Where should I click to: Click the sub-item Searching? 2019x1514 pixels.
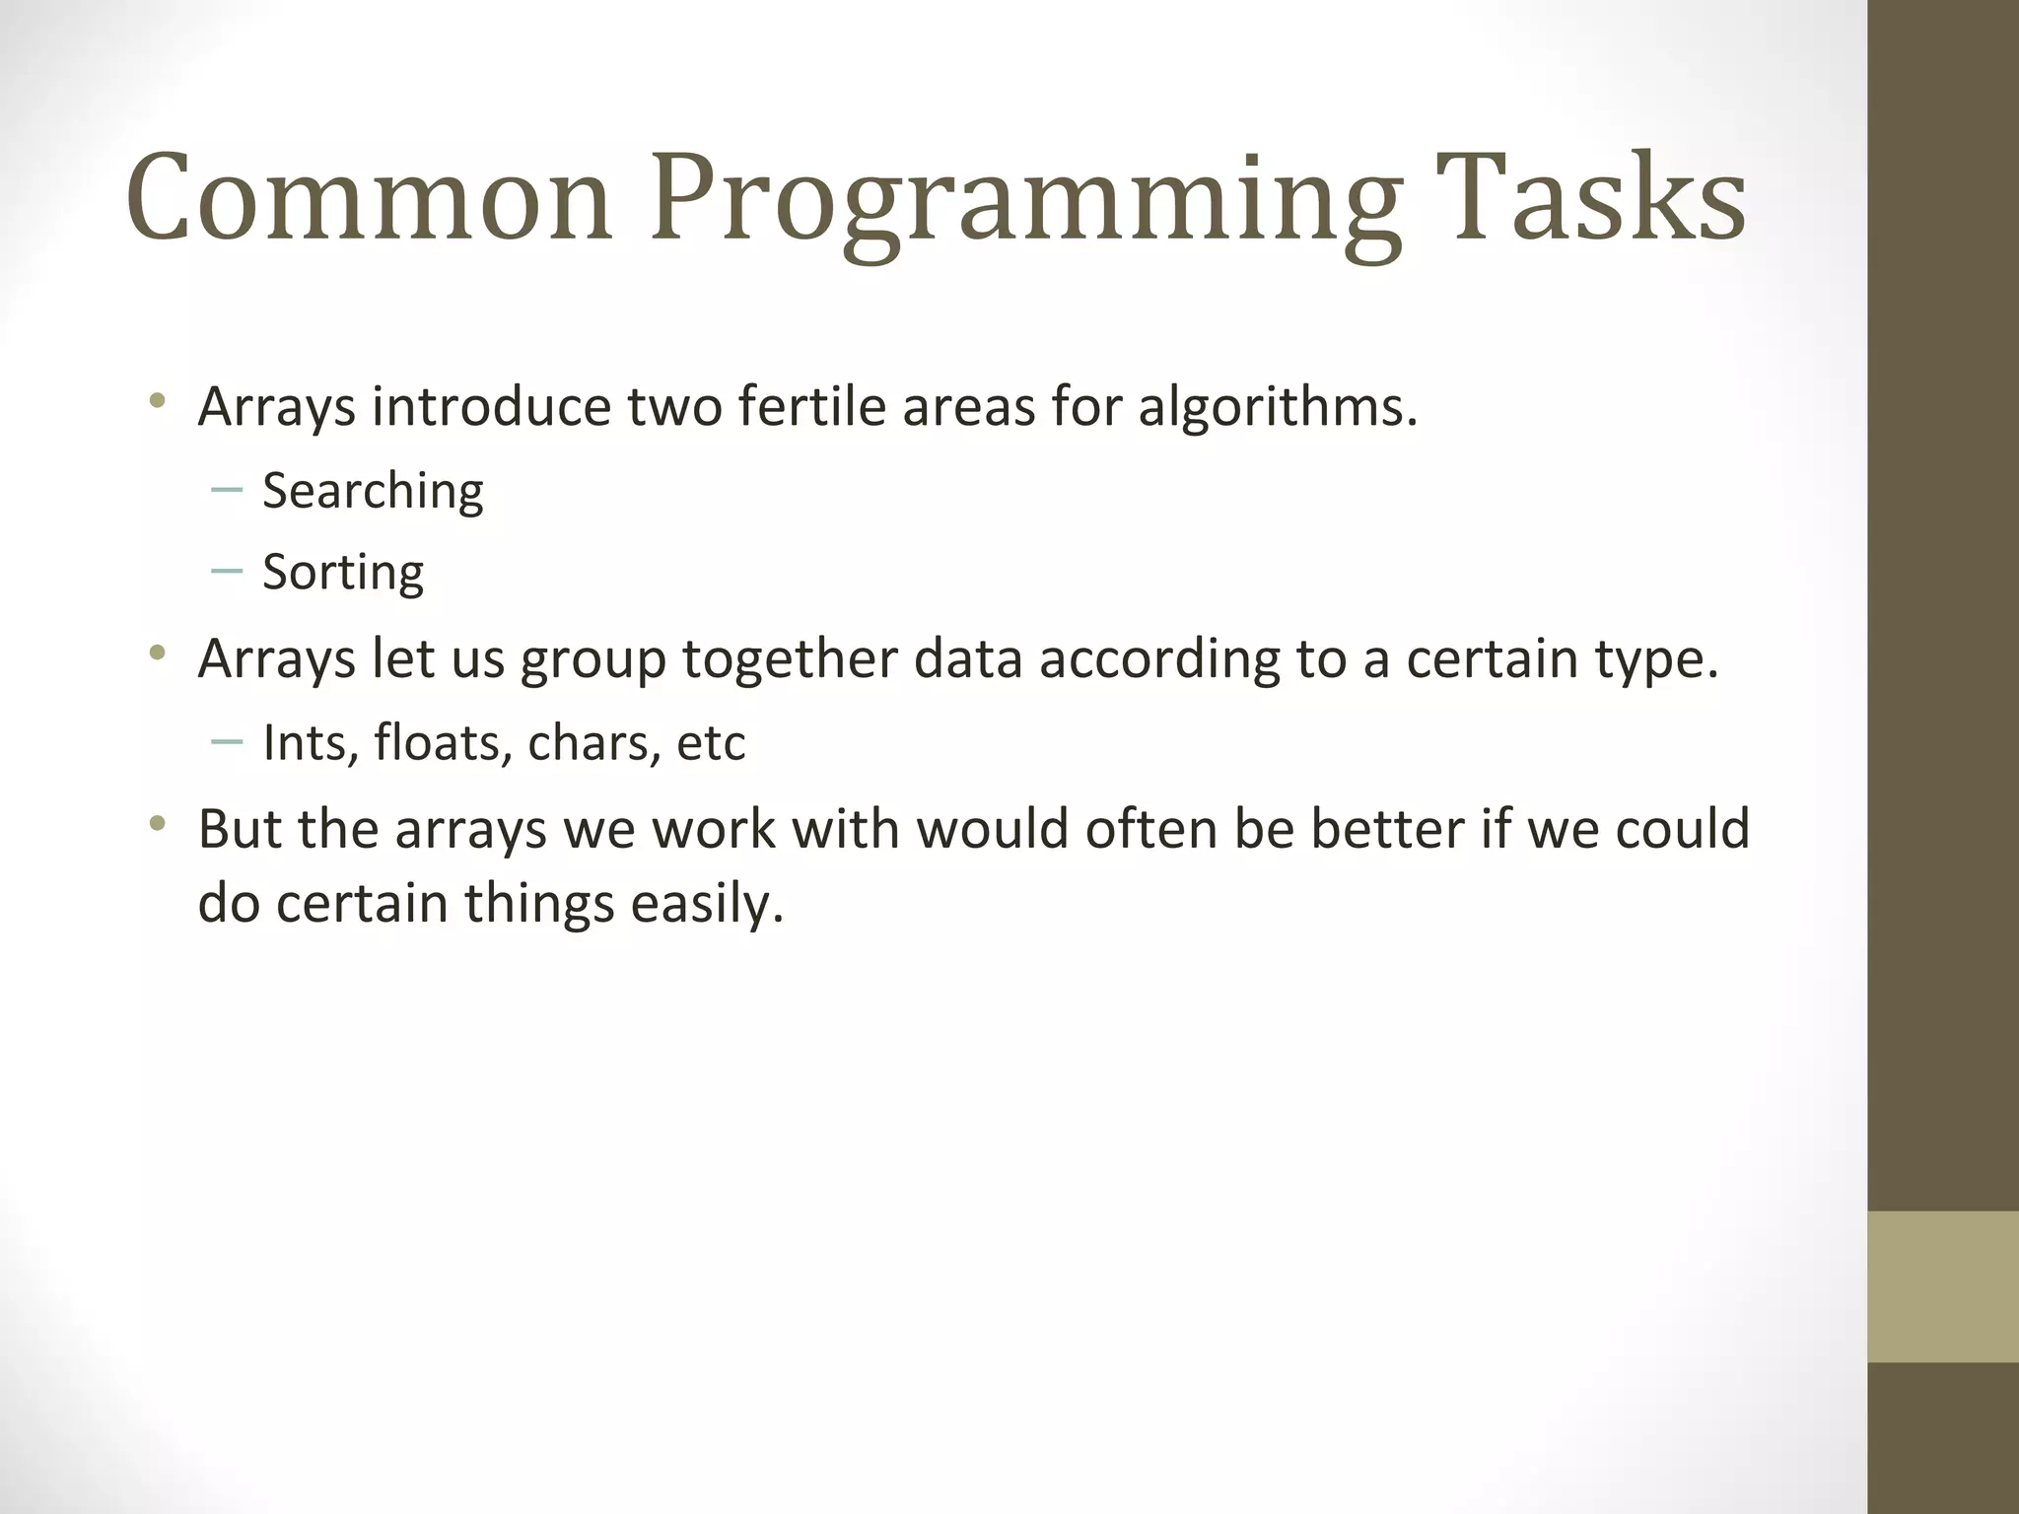tap(373, 491)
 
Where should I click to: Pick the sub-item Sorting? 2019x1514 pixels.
tap(343, 573)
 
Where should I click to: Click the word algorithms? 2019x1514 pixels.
tap(1277, 406)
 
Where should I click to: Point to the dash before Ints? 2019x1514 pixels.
tap(227, 741)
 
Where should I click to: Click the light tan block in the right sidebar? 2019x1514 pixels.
tap(1943, 1286)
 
